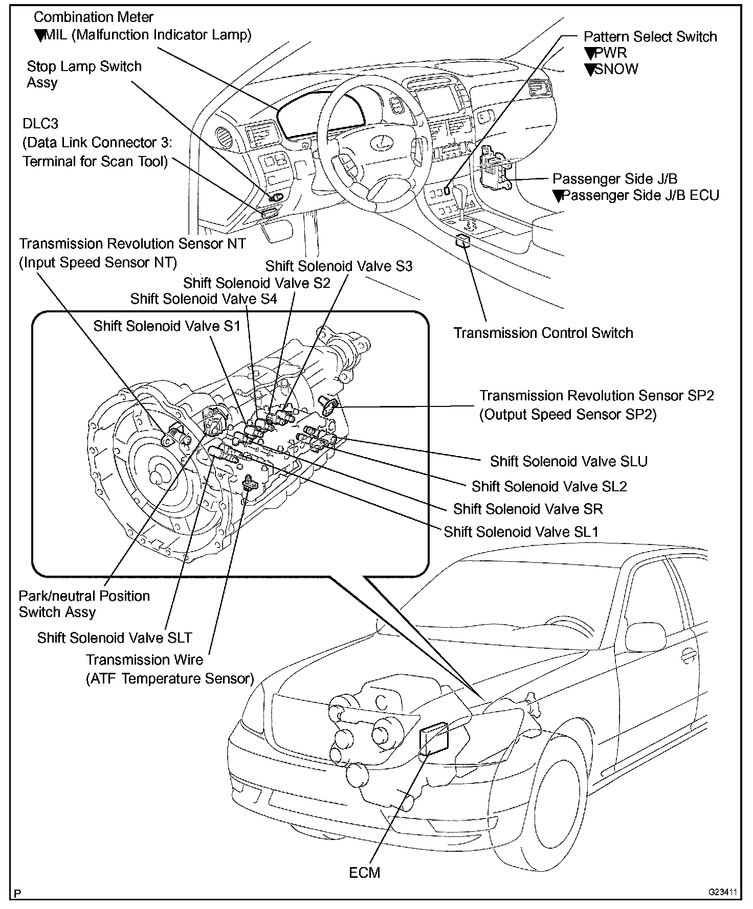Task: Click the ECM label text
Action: [x=364, y=872]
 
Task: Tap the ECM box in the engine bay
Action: [x=433, y=739]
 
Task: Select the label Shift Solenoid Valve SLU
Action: [x=568, y=461]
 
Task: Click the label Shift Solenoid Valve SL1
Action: [x=521, y=532]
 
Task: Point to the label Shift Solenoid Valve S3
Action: [x=339, y=266]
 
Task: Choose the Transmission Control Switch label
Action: [x=543, y=333]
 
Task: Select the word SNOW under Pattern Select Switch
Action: [x=616, y=69]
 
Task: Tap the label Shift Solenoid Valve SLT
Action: [x=115, y=638]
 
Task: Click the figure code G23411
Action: [x=722, y=892]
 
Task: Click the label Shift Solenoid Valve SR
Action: [x=528, y=509]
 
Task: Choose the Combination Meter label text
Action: [x=93, y=17]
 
